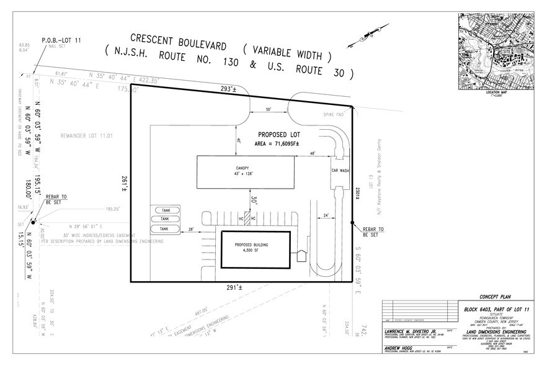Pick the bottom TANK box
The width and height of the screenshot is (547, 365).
coord(164,229)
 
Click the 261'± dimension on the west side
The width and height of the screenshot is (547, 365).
coord(125,181)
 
